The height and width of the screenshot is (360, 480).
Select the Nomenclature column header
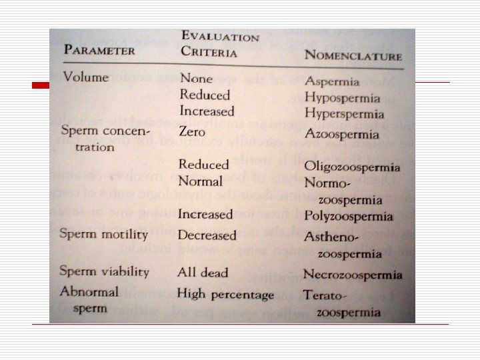pos(353,55)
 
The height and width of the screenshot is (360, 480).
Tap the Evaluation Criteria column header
pos(220,43)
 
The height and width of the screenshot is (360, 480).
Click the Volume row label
pos(86,76)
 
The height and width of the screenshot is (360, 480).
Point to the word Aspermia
pos(332,82)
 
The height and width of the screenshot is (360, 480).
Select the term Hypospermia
pos(342,97)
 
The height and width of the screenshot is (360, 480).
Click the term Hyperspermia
pos(345,113)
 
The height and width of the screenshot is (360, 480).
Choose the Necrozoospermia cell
pos(353,275)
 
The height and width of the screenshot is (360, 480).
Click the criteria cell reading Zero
pos(192,131)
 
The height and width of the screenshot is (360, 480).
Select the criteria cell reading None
pos(195,79)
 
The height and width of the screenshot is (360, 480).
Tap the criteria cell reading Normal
pos(200,181)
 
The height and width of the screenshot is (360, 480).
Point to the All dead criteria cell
pos(203,272)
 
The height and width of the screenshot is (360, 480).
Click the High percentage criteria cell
pos(225,294)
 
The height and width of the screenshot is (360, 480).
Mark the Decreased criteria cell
pos(207,235)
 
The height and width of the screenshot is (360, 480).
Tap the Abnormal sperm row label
pos(89,300)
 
